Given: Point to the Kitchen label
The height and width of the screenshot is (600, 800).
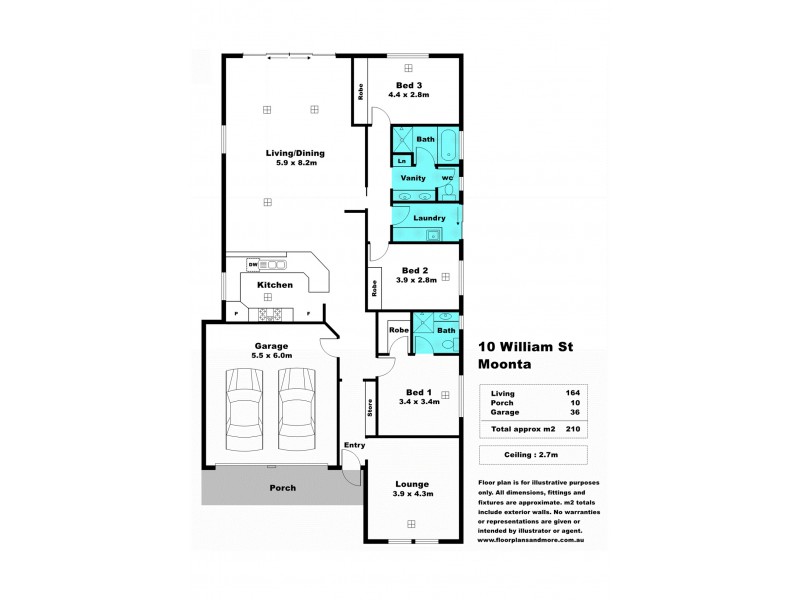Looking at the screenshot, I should (x=275, y=285).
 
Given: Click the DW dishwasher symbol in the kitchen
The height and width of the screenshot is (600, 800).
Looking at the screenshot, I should (x=254, y=264).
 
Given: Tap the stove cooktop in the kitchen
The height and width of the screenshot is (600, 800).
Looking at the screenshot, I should (x=269, y=315).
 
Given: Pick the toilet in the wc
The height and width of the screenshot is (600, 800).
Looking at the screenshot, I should (x=449, y=189).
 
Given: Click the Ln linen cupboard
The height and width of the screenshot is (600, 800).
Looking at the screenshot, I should (x=401, y=160).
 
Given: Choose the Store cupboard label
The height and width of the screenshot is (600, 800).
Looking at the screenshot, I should (x=370, y=410).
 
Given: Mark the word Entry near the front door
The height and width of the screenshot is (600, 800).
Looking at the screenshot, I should (x=354, y=445).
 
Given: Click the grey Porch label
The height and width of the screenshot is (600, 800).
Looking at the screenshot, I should (x=283, y=488).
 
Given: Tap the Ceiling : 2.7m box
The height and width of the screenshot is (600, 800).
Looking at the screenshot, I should (x=531, y=455).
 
